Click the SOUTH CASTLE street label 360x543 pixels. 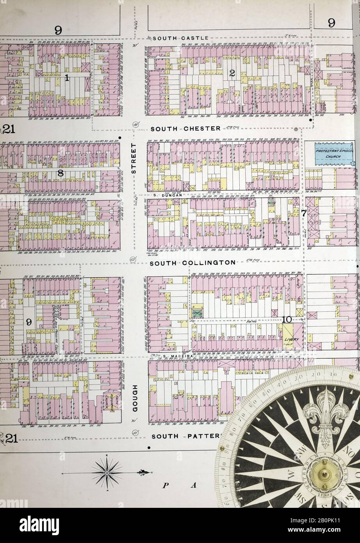[178, 38]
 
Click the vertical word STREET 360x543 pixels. [134, 158]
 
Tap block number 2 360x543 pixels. [232, 72]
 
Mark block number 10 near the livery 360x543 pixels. [287, 319]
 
